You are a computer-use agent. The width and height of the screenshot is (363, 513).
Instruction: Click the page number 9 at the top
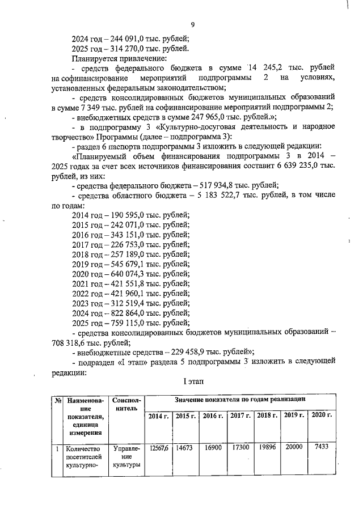[x=193, y=24]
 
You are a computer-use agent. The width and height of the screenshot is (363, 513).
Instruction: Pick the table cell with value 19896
[x=267, y=448]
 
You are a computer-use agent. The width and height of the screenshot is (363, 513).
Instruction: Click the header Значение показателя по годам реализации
[x=240, y=400]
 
